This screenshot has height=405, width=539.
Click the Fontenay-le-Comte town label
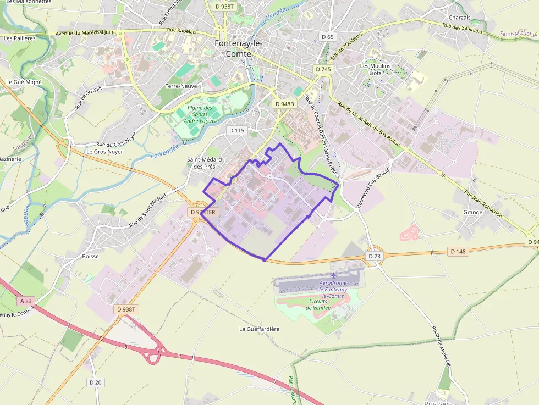point(238,48)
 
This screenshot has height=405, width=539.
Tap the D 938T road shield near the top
point(224,6)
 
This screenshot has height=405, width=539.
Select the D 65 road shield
point(327,37)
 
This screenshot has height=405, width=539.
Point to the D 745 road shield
point(323,69)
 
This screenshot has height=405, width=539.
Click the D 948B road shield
point(284,103)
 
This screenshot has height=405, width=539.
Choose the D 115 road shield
point(236,130)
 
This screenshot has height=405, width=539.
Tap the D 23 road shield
point(374,256)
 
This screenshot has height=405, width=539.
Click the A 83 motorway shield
point(26,301)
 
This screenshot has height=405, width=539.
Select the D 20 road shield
point(95,382)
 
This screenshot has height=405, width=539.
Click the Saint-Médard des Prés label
point(201,163)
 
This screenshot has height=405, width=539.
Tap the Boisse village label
point(90,256)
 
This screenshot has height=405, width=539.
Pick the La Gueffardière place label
point(259,329)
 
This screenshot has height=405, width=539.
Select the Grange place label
point(473,212)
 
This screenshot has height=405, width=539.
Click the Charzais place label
point(459,18)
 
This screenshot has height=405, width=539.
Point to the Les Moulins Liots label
point(375,69)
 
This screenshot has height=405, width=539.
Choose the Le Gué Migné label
point(24,81)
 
